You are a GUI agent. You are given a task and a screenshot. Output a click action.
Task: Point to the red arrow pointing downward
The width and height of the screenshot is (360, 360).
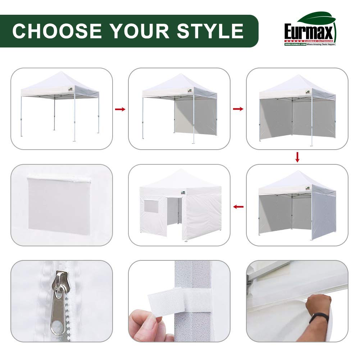coord(297,157)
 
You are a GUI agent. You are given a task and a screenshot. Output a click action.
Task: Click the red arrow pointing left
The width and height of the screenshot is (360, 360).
coord(238,206)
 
